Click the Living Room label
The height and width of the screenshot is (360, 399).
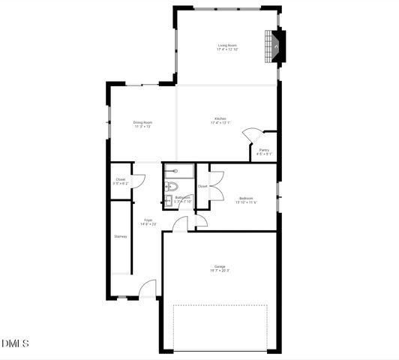point(227,46)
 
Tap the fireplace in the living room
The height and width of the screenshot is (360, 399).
point(275,46)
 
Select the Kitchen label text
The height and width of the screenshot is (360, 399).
point(220,118)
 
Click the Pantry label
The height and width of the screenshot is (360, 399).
point(264,150)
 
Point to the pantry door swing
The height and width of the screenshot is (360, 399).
point(251,135)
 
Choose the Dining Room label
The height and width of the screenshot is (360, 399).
point(142,122)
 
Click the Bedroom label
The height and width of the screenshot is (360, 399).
point(245,198)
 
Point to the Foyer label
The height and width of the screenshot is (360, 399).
point(148,220)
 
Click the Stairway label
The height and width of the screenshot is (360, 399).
point(120,236)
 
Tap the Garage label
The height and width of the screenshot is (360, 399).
point(220,266)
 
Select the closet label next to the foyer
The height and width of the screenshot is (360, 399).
point(120,179)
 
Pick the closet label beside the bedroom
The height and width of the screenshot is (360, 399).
point(202,186)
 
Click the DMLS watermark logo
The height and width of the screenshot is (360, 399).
point(14,343)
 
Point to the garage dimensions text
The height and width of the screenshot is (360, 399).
point(220,271)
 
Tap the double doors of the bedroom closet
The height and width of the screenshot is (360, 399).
point(217,185)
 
